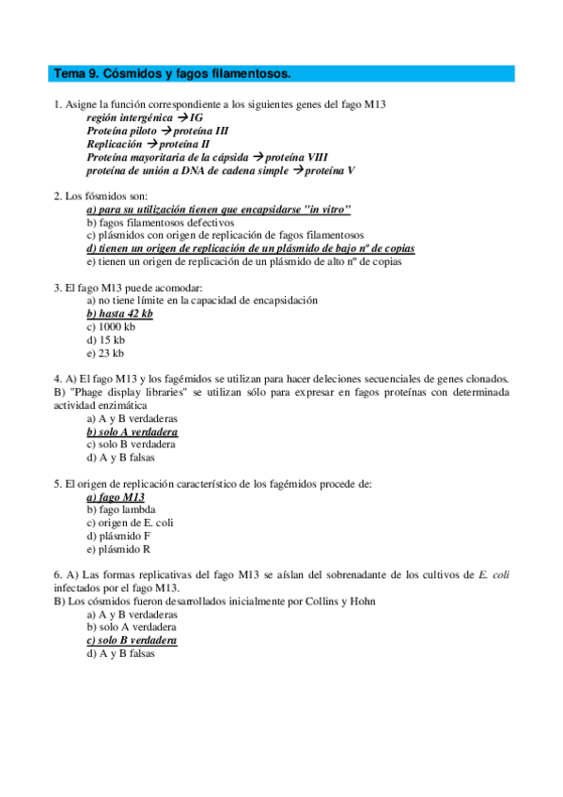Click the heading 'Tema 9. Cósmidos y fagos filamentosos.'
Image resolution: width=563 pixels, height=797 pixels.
click(172, 73)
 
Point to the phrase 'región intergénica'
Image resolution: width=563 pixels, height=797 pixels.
click(129, 118)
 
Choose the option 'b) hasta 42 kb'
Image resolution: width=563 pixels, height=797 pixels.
click(119, 313)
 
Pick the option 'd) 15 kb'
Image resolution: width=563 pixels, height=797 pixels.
click(105, 340)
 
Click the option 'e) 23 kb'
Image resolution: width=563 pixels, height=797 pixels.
click(104, 353)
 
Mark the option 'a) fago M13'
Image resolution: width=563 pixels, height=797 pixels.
click(115, 497)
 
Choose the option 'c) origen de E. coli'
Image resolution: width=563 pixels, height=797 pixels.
click(130, 523)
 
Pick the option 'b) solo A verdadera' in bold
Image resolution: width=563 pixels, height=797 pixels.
click(132, 431)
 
